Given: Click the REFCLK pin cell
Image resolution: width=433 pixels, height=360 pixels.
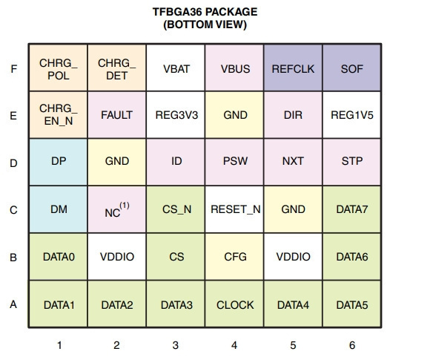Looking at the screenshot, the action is pyautogui.click(x=293, y=68).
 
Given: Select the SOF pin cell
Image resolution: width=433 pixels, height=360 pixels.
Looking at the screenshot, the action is pyautogui.click(x=351, y=68).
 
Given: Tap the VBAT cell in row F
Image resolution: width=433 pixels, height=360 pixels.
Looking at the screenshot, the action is pyautogui.click(x=176, y=68).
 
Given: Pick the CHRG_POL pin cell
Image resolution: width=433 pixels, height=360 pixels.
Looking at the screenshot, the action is pyautogui.click(x=59, y=68).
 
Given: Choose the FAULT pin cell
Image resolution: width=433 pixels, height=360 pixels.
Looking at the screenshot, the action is pyautogui.click(x=117, y=115).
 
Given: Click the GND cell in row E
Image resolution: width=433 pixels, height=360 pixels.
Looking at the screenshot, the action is pyautogui.click(x=234, y=115).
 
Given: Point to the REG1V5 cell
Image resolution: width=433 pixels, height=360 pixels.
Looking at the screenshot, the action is pyautogui.click(x=351, y=115).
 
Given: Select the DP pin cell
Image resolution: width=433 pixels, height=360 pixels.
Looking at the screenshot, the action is pyautogui.click(x=59, y=162).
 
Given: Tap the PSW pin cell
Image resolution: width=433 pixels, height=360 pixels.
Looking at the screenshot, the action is pyautogui.click(x=234, y=162).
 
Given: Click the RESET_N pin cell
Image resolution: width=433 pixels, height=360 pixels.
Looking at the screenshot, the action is pyautogui.click(x=234, y=209).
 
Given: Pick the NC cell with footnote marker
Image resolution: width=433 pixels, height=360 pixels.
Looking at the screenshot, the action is pyautogui.click(x=117, y=209).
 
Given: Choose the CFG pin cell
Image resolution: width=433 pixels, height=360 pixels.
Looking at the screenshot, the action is pyautogui.click(x=234, y=257).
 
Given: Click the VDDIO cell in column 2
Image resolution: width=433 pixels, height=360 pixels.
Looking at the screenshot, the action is pyautogui.click(x=117, y=257).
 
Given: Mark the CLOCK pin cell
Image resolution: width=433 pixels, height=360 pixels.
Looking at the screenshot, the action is pyautogui.click(x=234, y=304).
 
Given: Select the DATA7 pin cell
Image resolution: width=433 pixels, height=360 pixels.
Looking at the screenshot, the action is pyautogui.click(x=351, y=209).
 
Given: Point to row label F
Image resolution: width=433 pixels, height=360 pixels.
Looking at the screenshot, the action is pyautogui.click(x=14, y=68).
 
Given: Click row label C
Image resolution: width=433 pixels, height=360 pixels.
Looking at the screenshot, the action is pyautogui.click(x=13, y=210).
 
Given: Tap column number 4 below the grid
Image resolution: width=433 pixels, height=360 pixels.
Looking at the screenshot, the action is pyautogui.click(x=234, y=345).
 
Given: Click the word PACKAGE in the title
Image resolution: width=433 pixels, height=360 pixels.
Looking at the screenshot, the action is pyautogui.click(x=231, y=12).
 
